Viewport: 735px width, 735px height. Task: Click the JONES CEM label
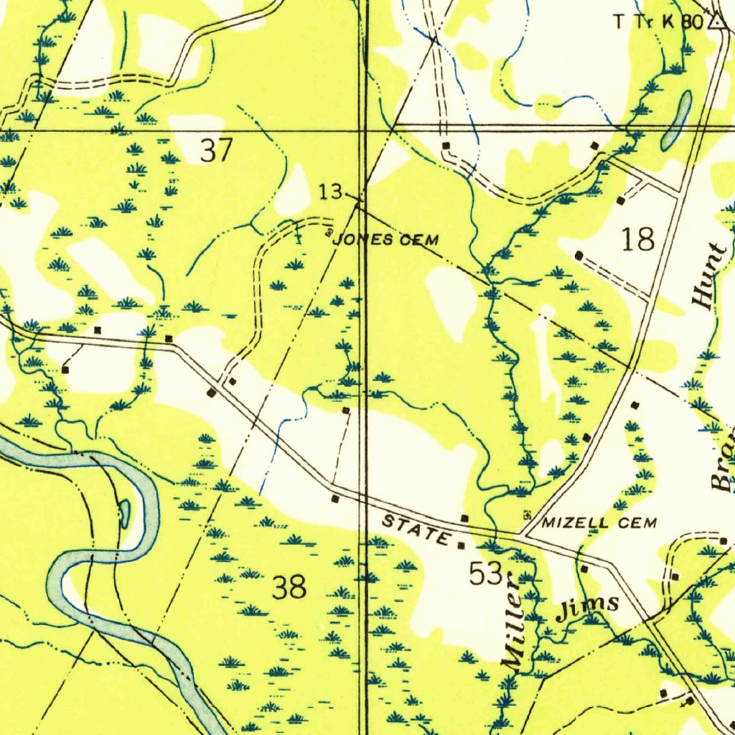pos(386,240)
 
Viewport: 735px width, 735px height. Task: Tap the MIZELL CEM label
pos(599,523)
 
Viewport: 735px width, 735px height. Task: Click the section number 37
pos(216,151)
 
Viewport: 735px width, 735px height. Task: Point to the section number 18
pos(638,239)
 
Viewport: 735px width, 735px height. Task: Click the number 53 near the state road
pos(485,574)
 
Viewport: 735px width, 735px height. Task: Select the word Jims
pos(589,607)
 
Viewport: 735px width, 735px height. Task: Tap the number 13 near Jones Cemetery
pos(332,192)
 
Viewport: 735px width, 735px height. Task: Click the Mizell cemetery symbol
pos(529,515)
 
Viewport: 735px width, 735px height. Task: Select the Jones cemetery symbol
pos(329,233)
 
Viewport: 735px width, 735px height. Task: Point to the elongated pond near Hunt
pos(677,120)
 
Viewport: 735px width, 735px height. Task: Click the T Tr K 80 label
pos(657,22)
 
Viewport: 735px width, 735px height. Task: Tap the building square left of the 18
pos(579,254)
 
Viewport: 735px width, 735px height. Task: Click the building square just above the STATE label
pos(464,518)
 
